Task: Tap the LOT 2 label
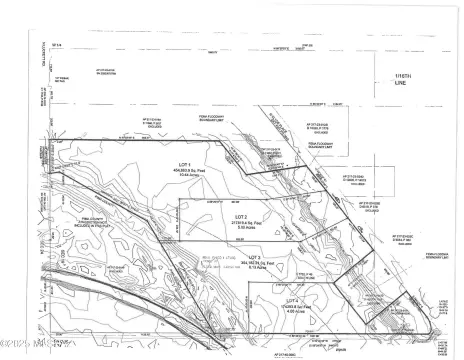[x=241, y=216]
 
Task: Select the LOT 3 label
[x=253, y=257]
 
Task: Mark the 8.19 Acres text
[x=253, y=269]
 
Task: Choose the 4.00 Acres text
[x=291, y=311]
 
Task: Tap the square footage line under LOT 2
[x=241, y=222]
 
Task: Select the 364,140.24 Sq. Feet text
[x=253, y=263]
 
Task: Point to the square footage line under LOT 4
[x=291, y=306]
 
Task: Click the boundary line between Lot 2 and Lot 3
[x=270, y=241]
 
